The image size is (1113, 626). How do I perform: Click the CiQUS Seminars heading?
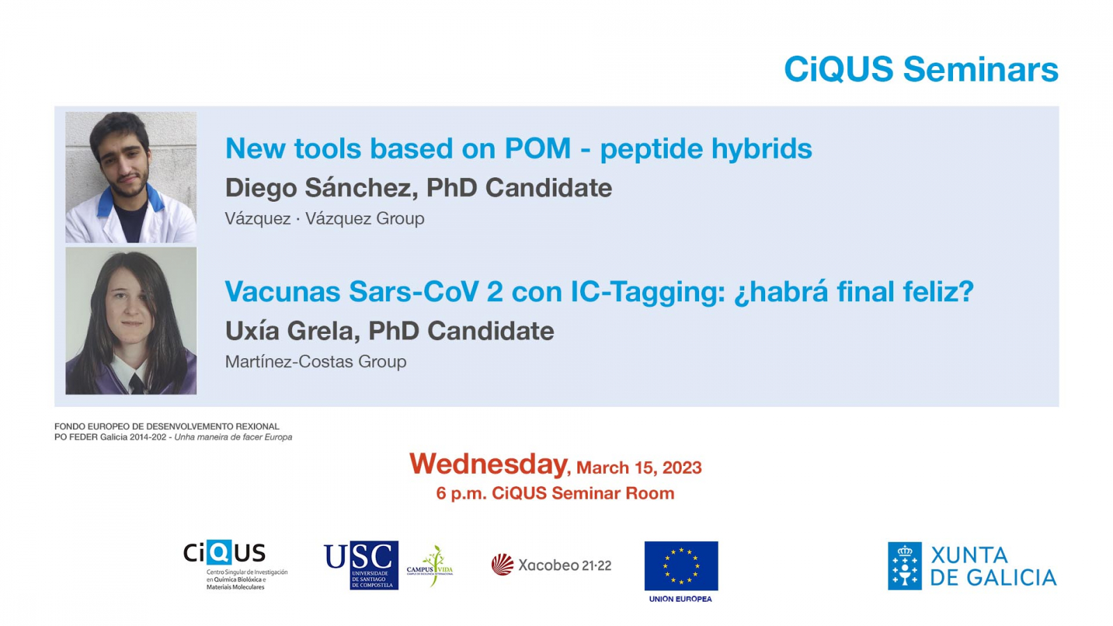coord(921,69)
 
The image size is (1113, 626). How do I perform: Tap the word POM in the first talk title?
coord(538,148)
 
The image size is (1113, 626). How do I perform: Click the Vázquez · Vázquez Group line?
coord(324,218)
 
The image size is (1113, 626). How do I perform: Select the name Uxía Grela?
coord(291,331)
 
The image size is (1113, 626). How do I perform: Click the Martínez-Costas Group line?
coord(316,361)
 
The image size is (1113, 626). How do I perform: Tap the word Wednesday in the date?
coord(488,464)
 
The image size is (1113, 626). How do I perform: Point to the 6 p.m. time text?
coord(461,493)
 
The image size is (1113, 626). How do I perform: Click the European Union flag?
coord(681,565)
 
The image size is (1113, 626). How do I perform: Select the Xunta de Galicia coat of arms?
coord(904,566)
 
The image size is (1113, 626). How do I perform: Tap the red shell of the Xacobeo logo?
coord(502,565)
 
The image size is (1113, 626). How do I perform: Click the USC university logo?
coord(361,565)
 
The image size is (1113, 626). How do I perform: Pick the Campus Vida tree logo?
coord(431,566)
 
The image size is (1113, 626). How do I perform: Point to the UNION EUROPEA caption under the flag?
coord(680,599)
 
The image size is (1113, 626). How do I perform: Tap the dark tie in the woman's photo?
coord(136,383)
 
